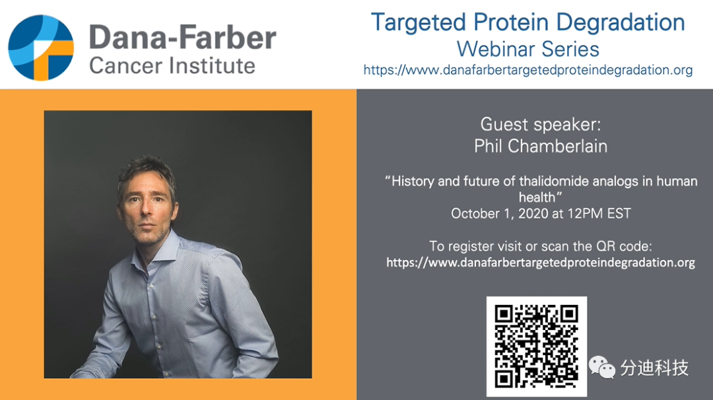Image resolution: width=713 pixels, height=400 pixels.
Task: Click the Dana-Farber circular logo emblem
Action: pos(41,48)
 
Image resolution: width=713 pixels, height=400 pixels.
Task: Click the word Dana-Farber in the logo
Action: pos(183,37)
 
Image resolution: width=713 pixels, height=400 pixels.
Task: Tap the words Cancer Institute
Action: pos(172,66)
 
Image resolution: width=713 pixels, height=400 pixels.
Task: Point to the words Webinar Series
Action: pos(528,49)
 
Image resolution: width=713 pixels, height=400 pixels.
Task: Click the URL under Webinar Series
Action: pos(528,70)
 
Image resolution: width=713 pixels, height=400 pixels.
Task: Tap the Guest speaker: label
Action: pos(541,124)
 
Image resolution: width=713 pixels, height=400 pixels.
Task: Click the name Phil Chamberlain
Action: pos(541,147)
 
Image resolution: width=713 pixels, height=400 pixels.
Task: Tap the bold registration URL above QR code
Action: pos(541,263)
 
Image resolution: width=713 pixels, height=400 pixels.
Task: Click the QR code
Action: pos(537,347)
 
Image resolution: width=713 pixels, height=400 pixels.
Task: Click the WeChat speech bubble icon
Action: pos(601,367)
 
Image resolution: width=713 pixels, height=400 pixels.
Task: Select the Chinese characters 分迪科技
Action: pos(655,368)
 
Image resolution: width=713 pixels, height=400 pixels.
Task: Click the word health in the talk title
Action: pos(537,197)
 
